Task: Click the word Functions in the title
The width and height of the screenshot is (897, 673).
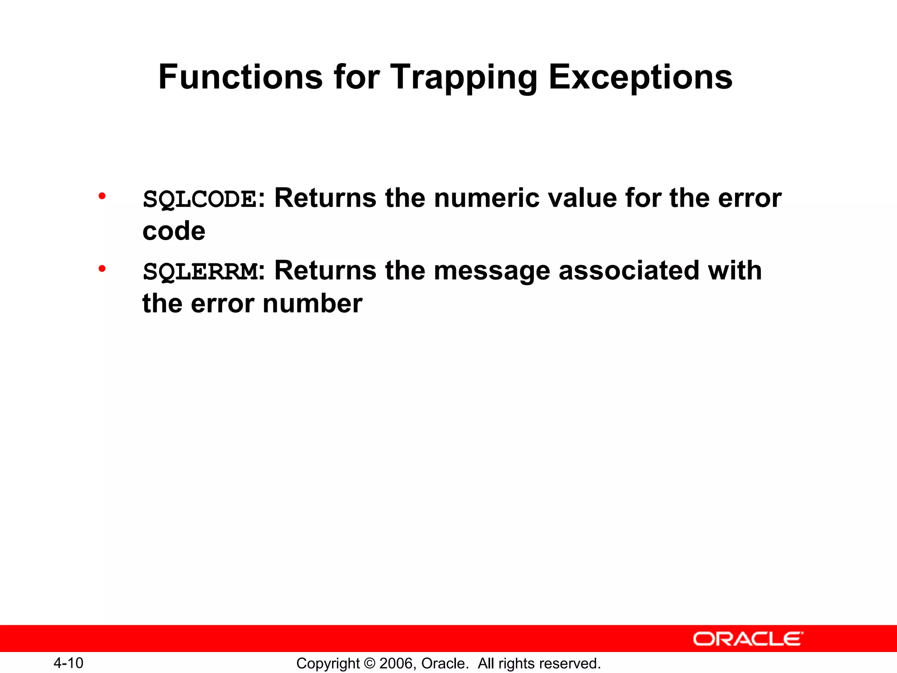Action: (x=240, y=77)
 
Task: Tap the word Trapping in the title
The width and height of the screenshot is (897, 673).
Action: (x=463, y=78)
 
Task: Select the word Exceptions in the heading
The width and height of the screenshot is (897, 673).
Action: (x=640, y=78)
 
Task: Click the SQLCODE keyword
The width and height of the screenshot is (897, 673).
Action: (x=200, y=199)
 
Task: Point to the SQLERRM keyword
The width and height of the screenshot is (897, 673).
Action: (x=201, y=272)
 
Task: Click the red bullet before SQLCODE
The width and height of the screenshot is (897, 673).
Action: (x=102, y=196)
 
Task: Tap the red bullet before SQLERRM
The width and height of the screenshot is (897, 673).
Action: (x=102, y=269)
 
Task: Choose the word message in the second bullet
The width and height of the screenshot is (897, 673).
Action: (x=492, y=270)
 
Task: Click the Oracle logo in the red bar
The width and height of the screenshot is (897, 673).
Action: (x=748, y=639)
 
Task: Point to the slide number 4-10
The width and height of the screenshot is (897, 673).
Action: (x=68, y=663)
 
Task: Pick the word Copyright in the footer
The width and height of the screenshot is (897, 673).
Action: (x=328, y=663)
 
